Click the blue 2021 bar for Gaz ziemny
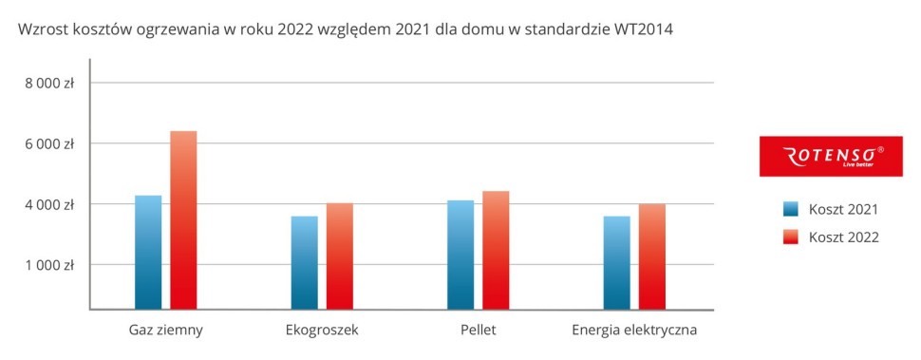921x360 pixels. click(x=148, y=252)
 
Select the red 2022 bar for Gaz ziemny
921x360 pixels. click(x=183, y=219)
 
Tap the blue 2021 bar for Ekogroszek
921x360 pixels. click(x=304, y=262)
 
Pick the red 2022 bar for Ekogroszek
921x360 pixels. click(x=339, y=256)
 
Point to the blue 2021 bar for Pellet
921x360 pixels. click(x=460, y=255)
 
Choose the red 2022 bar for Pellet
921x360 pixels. click(x=496, y=250)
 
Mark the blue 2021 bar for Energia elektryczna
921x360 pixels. click(x=616, y=262)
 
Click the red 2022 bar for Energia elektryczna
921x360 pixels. click(x=651, y=256)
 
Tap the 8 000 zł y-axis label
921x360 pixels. click(x=49, y=84)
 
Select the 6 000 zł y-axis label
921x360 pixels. click(x=49, y=143)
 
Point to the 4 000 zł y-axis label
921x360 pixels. click(x=49, y=204)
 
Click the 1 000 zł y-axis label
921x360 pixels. click(x=49, y=265)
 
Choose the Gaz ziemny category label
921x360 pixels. click(x=166, y=331)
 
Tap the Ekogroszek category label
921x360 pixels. click(x=322, y=331)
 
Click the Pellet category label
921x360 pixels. click(x=478, y=331)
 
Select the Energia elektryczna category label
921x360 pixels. click(x=634, y=331)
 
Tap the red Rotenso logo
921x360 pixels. click(x=831, y=156)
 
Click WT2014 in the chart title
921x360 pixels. click(x=643, y=29)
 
